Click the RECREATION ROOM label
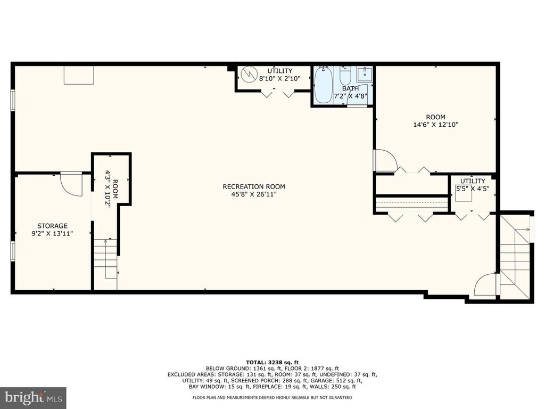point(254,187)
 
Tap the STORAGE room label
point(53,226)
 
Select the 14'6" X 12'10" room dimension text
point(435,125)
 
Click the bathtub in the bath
point(324,85)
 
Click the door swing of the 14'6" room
point(385,161)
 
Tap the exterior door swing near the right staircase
point(486,285)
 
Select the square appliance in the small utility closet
point(464,196)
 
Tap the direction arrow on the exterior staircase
point(523,230)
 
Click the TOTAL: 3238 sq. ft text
point(272,362)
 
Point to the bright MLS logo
point(33,397)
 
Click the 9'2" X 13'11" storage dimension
point(52,234)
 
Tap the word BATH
point(350,89)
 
